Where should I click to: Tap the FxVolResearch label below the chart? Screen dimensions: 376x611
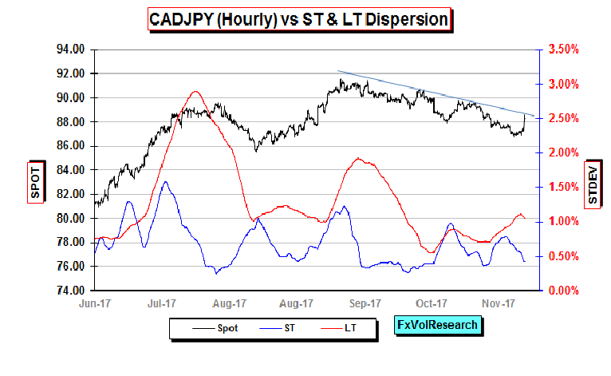click(x=439, y=325)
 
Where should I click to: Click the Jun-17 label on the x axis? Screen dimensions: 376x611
click(x=94, y=304)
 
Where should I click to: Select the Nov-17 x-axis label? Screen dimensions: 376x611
click(x=498, y=304)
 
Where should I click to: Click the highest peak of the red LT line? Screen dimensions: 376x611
click(x=195, y=92)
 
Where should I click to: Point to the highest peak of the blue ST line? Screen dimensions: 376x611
click(x=165, y=182)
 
